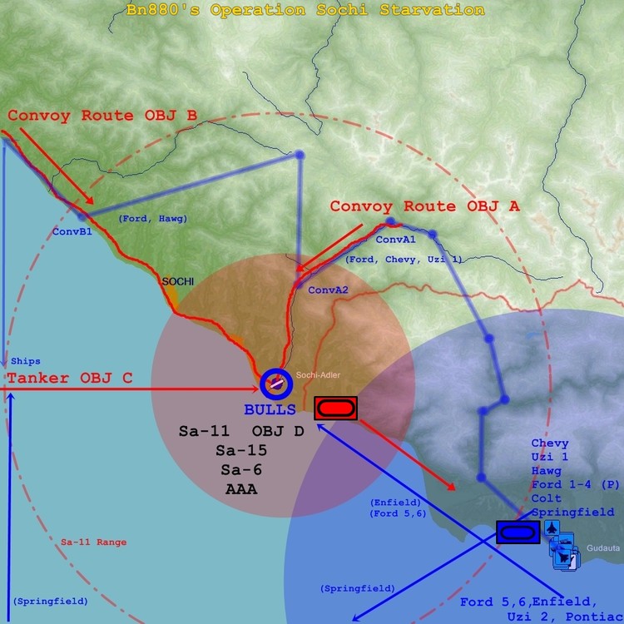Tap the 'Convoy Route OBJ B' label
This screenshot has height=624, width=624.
(102, 115)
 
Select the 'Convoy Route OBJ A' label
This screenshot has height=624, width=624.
(424, 206)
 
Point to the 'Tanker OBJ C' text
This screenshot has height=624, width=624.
(70, 379)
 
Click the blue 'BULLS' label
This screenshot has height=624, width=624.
(270, 409)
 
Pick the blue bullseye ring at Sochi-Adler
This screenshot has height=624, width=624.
(275, 384)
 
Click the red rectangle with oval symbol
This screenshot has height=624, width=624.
(335, 408)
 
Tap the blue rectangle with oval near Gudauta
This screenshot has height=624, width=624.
(518, 532)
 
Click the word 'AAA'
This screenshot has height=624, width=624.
(241, 489)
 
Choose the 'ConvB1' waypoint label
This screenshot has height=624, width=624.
(72, 231)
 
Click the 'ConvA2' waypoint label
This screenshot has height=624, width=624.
(327, 290)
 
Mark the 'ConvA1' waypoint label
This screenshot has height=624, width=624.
(395, 240)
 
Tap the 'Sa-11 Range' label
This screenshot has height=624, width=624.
(94, 542)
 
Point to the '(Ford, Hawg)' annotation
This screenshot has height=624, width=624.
(146, 218)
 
